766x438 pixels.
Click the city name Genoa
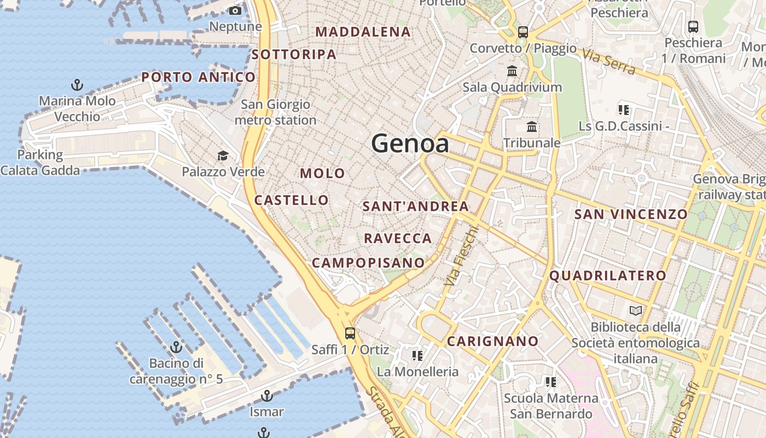pos(410,144)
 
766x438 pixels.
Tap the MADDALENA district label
pos(363,32)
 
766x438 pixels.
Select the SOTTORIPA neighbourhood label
pos(294,55)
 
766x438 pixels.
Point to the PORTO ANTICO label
pos(198,77)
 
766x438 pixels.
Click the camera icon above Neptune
pos(235,11)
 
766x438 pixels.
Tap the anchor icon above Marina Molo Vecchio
pos(77,85)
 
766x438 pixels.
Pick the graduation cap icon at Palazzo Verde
pos(223,156)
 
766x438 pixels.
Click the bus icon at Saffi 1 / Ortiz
pos(350,333)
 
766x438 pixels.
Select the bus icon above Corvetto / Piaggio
pos(523,32)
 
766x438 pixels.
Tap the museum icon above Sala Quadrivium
pos(512,71)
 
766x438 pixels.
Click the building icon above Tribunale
pos(531,127)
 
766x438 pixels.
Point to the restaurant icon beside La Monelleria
pos(417,356)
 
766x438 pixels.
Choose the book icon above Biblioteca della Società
pos(635,311)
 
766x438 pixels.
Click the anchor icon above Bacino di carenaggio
pos(176,347)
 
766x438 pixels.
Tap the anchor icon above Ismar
pos(266,395)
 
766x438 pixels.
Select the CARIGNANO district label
pos(493,342)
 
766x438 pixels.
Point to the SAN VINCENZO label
pos(630,214)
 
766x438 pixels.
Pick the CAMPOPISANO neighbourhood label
pos(368,263)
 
